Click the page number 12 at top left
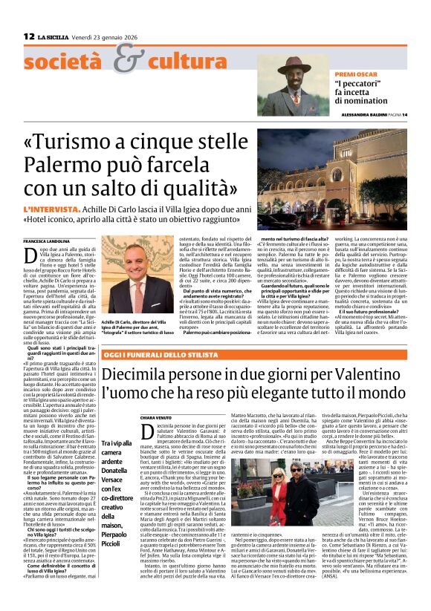pos(29,36)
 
